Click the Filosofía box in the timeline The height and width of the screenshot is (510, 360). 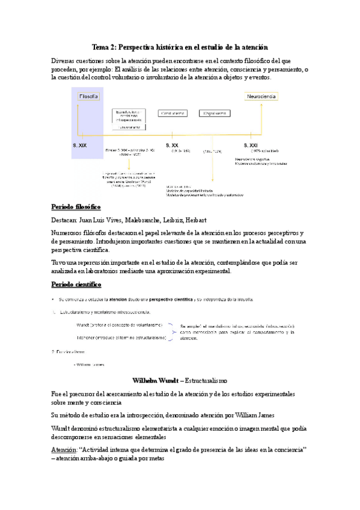pos(89,96)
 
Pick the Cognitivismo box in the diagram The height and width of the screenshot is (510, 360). pos(215,112)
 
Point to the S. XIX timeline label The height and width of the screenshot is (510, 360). pos(80,145)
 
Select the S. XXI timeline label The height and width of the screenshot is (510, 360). pos(251,145)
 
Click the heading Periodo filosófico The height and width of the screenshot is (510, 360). pos(76,206)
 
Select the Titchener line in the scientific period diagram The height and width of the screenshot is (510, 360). pos(121,338)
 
